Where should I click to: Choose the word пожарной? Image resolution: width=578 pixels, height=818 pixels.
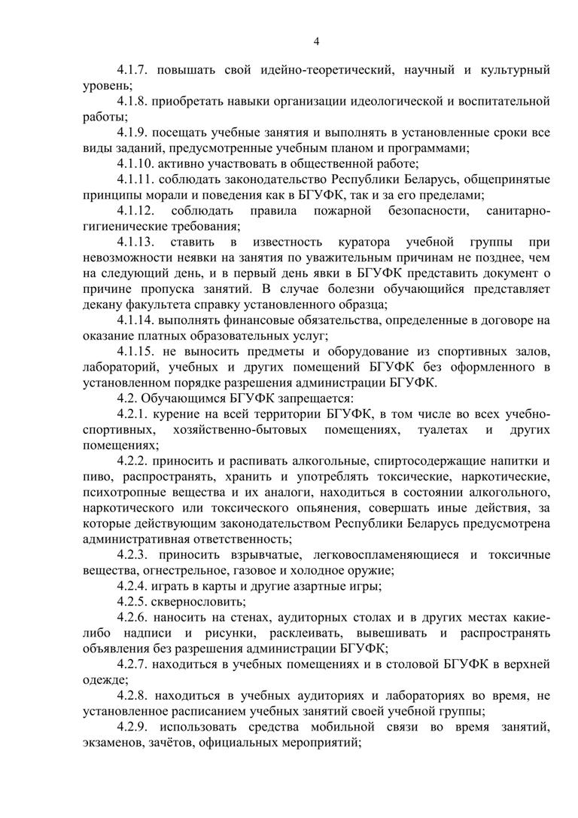click(x=334, y=210)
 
